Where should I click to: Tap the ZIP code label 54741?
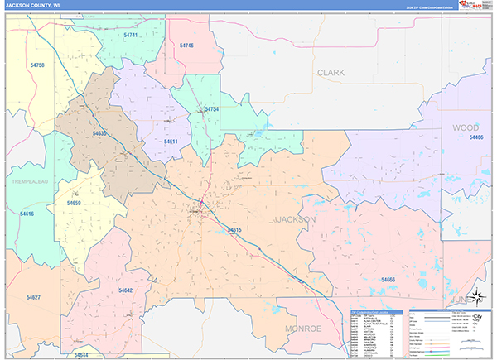(x=131, y=36)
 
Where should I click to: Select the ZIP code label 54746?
(x=186, y=46)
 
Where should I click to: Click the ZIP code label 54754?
(x=212, y=109)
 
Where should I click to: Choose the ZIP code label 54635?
(x=100, y=133)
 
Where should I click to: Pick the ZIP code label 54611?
(x=171, y=142)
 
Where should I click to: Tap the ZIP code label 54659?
(x=74, y=203)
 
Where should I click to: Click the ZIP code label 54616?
(x=27, y=214)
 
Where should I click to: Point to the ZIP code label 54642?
(x=125, y=290)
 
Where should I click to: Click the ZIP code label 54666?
(x=388, y=281)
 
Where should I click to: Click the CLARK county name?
(x=331, y=73)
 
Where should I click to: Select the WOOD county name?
(x=465, y=127)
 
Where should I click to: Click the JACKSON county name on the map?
(x=294, y=219)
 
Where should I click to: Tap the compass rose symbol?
(x=477, y=298)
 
